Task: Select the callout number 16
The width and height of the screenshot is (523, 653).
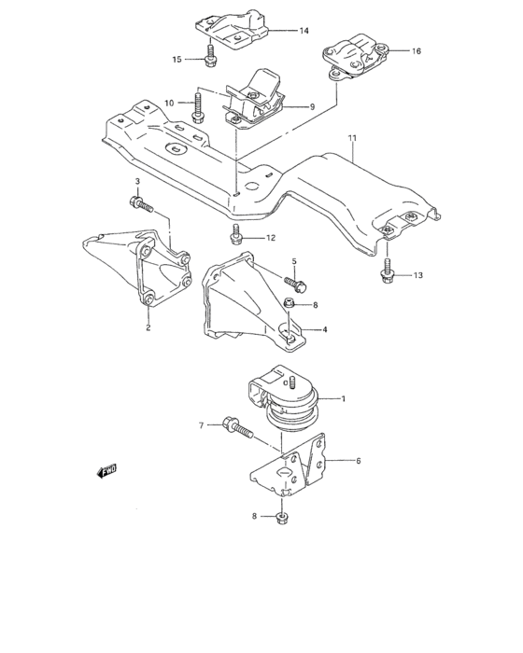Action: pyautogui.click(x=416, y=51)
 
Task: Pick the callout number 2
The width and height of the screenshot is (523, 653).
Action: pyautogui.click(x=148, y=327)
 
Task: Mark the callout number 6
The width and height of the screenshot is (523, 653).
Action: pyautogui.click(x=357, y=460)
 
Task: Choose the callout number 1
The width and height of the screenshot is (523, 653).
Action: pyautogui.click(x=344, y=399)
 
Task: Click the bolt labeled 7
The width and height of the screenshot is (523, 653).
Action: pyautogui.click(x=238, y=429)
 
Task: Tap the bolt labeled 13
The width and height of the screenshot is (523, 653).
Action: pyautogui.click(x=386, y=271)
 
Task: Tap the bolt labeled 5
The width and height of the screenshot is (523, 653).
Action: pyautogui.click(x=297, y=279)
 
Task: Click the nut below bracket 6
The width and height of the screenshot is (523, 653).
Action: pyautogui.click(x=282, y=515)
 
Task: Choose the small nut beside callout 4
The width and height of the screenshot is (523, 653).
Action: pyautogui.click(x=290, y=304)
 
